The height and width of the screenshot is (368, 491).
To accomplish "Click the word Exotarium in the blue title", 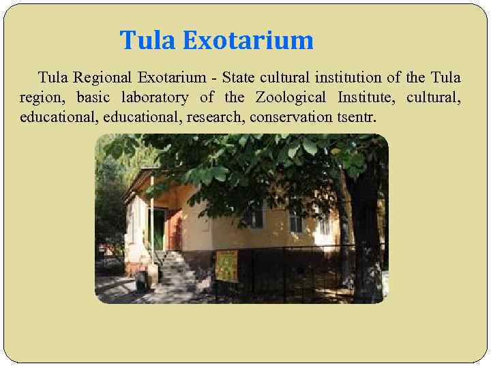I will click(248, 41).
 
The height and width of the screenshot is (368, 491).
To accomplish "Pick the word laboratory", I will click(155, 97).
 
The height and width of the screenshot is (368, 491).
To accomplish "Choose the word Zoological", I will click(291, 97).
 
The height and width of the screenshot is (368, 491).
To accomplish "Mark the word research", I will click(220, 117).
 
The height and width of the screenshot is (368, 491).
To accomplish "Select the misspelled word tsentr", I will click(356, 117).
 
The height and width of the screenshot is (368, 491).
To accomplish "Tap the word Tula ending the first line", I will click(446, 78).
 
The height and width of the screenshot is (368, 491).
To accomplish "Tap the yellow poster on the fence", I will click(226, 266).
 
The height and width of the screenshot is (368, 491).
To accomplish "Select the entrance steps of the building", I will click(171, 269).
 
